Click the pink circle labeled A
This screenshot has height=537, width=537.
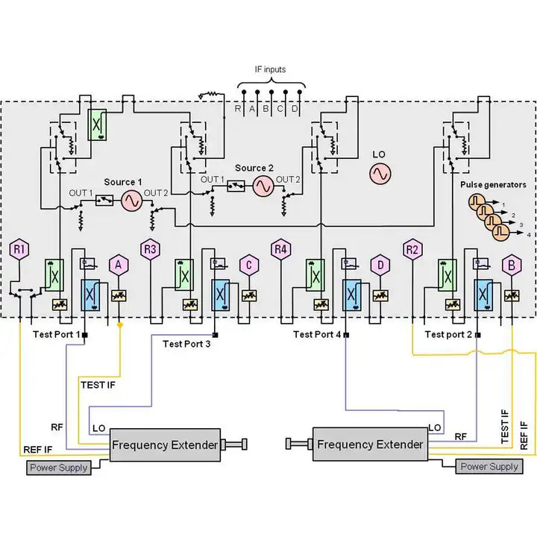pyautogui.click(x=118, y=264)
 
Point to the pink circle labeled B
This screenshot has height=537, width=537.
pyautogui.click(x=511, y=264)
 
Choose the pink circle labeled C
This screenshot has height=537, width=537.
pyautogui.click(x=248, y=264)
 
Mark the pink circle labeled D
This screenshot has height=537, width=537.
pyautogui.click(x=380, y=264)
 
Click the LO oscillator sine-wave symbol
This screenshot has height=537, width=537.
pyautogui.click(x=380, y=174)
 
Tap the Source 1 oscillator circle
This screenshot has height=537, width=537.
pyautogui.click(x=132, y=201)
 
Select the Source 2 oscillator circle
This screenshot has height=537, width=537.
pyautogui.click(x=263, y=186)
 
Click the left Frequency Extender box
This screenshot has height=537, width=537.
pyautogui.click(x=165, y=445)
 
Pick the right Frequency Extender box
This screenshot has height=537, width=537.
pyautogui.click(x=370, y=445)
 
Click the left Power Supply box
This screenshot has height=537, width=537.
pyautogui.click(x=58, y=468)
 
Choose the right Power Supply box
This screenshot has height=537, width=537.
pyautogui.click(x=489, y=466)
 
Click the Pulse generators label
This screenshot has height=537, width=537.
pyautogui.click(x=493, y=184)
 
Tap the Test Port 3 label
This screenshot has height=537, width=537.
pyautogui.click(x=188, y=344)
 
